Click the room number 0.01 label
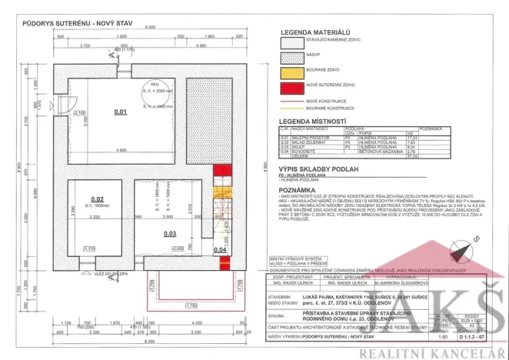tap(120, 112)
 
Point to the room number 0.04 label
tap(218, 250)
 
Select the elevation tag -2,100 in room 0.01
tap(78, 114)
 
